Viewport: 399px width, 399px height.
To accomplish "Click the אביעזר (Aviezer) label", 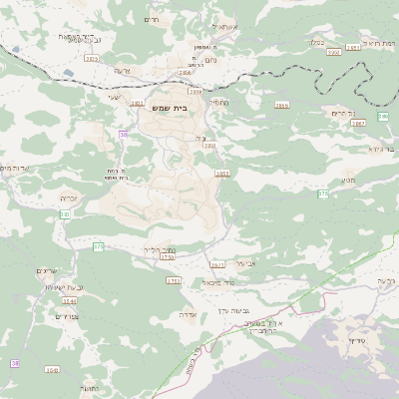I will coord(245,263).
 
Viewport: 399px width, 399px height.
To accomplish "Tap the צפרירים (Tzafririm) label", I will coord(67,316).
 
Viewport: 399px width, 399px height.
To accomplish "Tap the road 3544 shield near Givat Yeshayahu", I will coord(69,299).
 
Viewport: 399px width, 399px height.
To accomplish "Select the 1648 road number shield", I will coord(52,369).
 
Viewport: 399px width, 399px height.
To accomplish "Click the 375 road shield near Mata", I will coord(323,194).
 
